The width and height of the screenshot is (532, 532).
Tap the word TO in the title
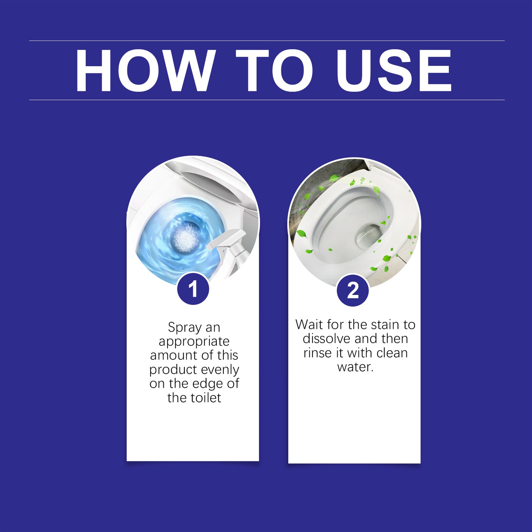tap(274, 70)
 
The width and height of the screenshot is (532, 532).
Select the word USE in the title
tap(394, 70)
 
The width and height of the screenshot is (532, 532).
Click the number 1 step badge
tap(193, 289)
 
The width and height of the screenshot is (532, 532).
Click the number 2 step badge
tap(353, 290)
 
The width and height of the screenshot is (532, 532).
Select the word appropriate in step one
tap(194, 342)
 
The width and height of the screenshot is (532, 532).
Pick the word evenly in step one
tap(220, 369)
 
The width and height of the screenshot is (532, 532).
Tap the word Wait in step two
tap(309, 324)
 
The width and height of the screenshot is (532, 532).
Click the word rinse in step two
tap(317, 353)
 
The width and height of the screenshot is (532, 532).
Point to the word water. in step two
tap(355, 367)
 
